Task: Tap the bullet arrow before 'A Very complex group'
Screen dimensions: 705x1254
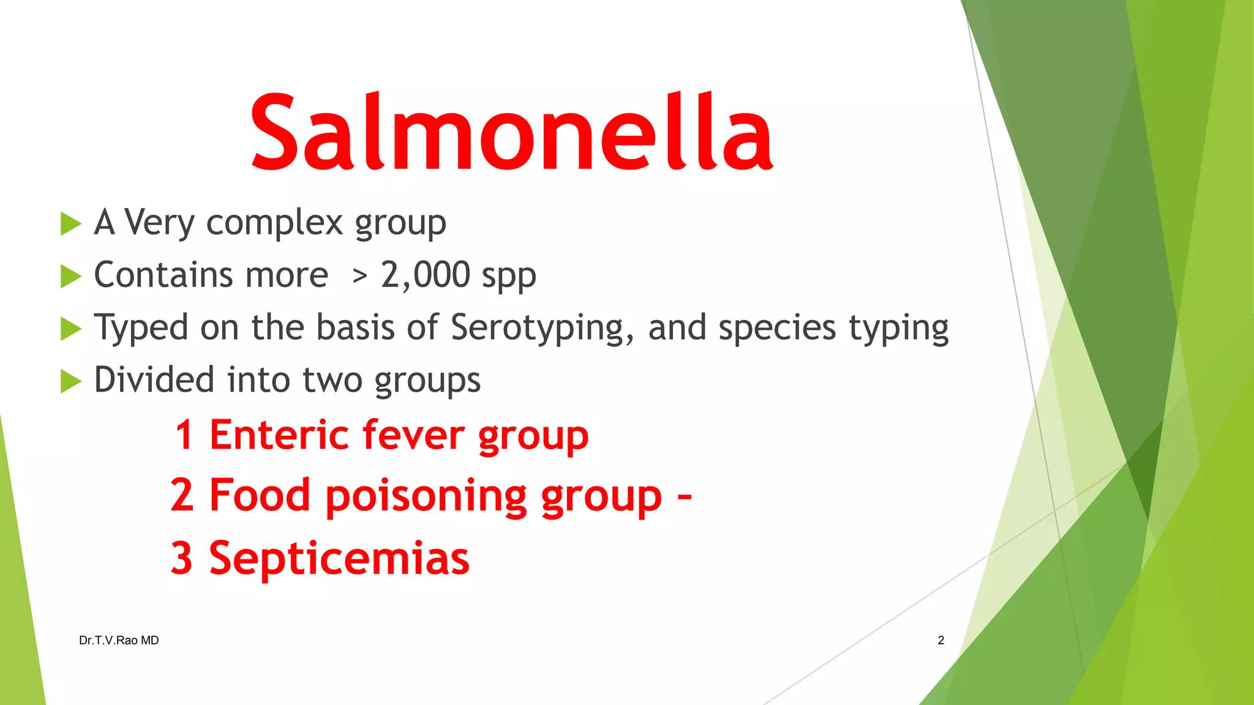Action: click(x=70, y=224)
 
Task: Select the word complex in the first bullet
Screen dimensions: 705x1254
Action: click(x=274, y=222)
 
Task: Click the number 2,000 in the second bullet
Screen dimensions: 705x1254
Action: click(x=425, y=275)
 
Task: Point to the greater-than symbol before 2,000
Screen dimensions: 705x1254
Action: click(x=359, y=277)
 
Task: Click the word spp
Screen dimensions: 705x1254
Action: click(x=508, y=277)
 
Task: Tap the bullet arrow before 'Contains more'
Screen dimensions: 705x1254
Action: click(x=70, y=277)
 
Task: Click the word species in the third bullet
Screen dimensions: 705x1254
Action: click(x=776, y=328)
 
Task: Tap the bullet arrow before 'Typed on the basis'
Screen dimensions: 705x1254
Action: click(x=70, y=329)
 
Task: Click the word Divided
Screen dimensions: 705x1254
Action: click(x=153, y=379)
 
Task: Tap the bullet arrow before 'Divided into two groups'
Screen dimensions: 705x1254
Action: click(x=70, y=382)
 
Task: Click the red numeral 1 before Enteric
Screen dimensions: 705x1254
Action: click(x=184, y=435)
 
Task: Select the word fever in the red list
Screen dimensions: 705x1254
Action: click(x=413, y=435)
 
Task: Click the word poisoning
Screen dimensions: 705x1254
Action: click(x=426, y=496)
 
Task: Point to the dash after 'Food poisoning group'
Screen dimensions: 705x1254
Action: click(x=685, y=496)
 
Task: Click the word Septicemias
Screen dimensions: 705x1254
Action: click(x=339, y=559)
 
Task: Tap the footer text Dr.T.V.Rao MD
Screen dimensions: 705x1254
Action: click(x=119, y=640)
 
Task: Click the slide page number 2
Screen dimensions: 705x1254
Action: click(x=940, y=640)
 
